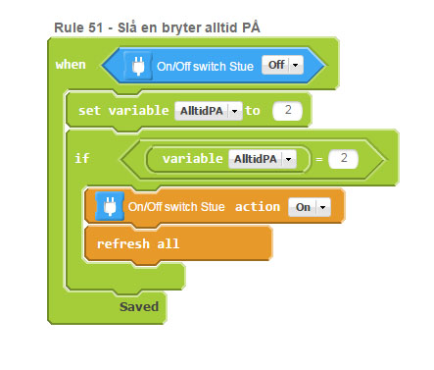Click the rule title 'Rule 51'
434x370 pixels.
pos(78,27)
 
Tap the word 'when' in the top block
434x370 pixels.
pos(71,65)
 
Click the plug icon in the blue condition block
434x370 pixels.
pos(138,66)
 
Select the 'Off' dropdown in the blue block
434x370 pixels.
pos(282,65)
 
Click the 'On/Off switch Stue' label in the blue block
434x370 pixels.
pos(205,67)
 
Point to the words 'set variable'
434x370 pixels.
pos(123,110)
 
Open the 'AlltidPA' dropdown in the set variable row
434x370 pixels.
pos(209,111)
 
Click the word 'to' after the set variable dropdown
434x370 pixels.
pos(253,111)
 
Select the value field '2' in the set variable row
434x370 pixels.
pos(288,110)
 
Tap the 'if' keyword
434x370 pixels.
pos(81,158)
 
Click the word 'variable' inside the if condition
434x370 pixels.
pos(193,159)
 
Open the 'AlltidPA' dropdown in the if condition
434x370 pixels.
pos(263,159)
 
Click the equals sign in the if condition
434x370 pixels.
pos(319,159)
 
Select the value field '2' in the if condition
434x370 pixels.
pos(344,159)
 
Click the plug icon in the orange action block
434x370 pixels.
pos(110,206)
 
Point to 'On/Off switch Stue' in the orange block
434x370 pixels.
pos(176,207)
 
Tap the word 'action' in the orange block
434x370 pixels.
pos(258,207)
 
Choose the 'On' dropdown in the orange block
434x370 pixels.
pos(310,207)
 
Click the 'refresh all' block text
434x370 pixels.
pos(138,243)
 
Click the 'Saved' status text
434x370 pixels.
pos(139,307)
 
